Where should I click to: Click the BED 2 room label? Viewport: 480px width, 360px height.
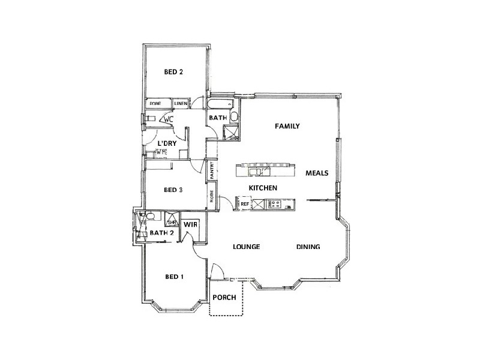pos(173,72)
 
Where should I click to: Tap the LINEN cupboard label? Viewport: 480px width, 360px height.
pos(181,104)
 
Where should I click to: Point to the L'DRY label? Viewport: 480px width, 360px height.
pos(166,144)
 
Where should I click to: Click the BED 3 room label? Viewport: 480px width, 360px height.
pos(173,190)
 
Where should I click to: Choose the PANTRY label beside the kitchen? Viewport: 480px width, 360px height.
pos(212,170)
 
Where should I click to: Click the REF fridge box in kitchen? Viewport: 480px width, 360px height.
pos(245,205)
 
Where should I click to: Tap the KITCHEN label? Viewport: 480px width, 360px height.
pos(263,188)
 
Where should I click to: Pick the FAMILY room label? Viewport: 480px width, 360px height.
pos(287,126)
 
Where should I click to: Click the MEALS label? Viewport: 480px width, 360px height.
pos(316,173)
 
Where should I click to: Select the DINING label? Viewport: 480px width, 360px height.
pos(308,247)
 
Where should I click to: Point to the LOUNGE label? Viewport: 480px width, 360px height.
pos(246,247)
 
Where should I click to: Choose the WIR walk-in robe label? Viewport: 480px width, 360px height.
pos(191,224)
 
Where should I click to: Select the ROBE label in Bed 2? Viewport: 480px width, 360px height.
pos(155,104)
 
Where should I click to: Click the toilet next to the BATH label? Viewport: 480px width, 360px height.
pos(235,116)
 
